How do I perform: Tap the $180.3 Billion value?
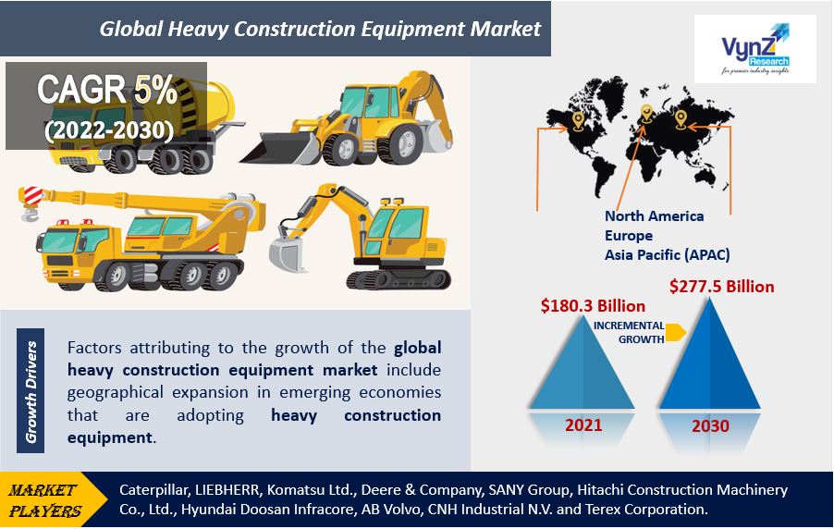pos(593,305)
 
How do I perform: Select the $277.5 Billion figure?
pos(721,286)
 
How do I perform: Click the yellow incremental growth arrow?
pos(676,332)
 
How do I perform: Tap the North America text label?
pos(654,216)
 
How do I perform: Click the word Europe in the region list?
pos(630,235)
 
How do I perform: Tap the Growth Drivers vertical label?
pos(31,392)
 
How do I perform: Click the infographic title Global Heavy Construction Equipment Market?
pos(320,29)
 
